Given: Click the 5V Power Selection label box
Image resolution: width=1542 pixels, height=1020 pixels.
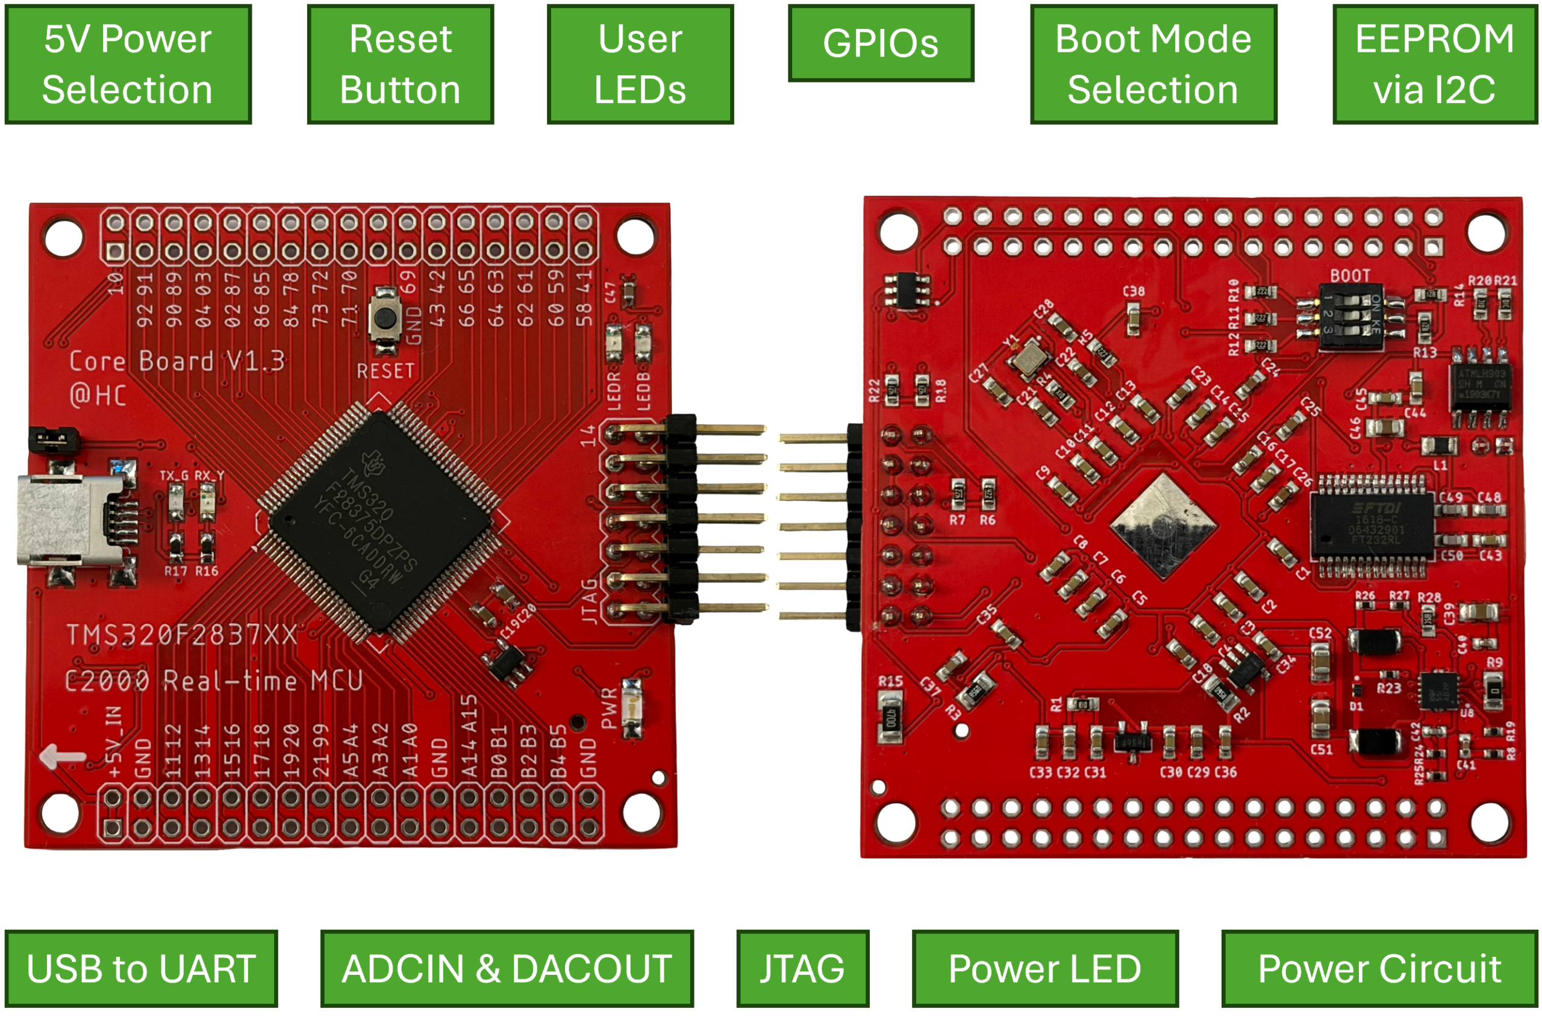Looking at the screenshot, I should (x=128, y=64).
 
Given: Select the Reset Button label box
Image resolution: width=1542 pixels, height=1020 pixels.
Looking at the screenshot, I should (x=400, y=64).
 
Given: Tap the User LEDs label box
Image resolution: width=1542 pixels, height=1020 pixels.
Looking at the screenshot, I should (x=640, y=64).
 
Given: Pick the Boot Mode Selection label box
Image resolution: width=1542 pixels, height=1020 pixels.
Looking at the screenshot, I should (x=1153, y=64).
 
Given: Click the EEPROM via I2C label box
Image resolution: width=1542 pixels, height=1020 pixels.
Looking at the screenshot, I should (x=1435, y=64).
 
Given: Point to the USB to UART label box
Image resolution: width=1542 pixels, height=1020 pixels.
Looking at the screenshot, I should (x=141, y=968).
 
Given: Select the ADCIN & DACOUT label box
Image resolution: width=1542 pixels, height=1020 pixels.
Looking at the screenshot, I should (x=507, y=968).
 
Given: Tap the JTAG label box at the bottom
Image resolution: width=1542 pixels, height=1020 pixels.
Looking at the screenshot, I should (x=802, y=968).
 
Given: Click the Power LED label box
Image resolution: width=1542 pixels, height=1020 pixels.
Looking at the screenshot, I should (x=1045, y=968).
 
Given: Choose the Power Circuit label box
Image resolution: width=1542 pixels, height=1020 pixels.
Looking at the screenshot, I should (x=1379, y=968).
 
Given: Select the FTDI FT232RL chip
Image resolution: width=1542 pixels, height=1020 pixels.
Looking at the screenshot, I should (x=1372, y=524).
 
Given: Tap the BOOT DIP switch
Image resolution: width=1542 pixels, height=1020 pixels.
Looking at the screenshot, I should (x=1350, y=317).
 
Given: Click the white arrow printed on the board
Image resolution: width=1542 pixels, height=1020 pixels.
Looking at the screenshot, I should (x=62, y=756).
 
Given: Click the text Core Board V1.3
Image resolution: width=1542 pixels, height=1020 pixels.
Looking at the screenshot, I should (x=177, y=362).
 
